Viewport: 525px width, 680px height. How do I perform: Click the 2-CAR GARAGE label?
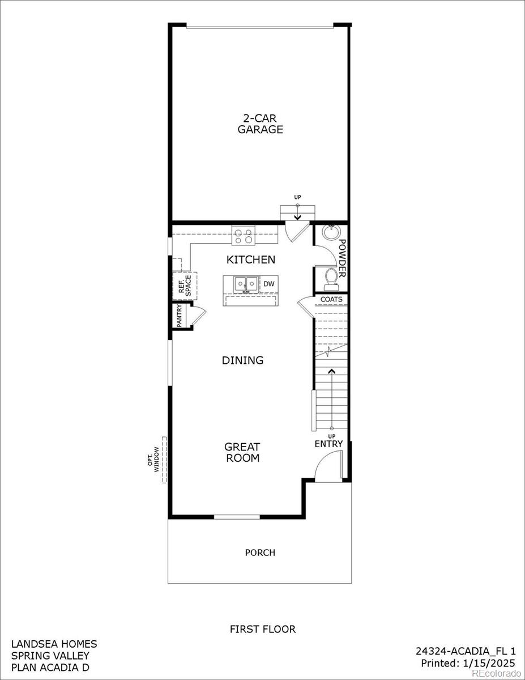click(x=260, y=124)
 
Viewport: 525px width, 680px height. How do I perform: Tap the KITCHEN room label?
click(x=251, y=260)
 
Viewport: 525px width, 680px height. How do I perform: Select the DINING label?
click(x=242, y=360)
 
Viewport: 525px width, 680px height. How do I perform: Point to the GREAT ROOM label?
click(x=242, y=452)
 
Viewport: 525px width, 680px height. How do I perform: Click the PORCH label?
click(x=260, y=552)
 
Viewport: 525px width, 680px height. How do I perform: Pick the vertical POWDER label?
click(x=342, y=258)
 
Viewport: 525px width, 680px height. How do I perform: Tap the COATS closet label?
click(x=331, y=299)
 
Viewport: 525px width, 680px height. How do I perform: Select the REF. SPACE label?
click(x=185, y=286)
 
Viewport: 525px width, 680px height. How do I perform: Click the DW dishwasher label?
click(x=268, y=283)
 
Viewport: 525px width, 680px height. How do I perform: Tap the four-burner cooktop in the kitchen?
click(x=244, y=236)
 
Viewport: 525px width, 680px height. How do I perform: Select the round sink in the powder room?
click(x=330, y=232)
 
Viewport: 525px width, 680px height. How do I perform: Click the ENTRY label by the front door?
click(x=329, y=444)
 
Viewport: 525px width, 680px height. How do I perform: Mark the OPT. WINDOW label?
click(x=154, y=460)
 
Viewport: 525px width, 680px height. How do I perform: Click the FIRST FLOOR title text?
click(x=262, y=629)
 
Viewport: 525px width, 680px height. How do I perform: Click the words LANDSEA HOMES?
click(x=54, y=644)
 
